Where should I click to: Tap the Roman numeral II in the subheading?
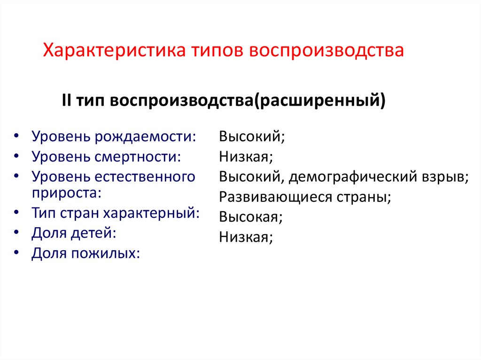click(x=66, y=100)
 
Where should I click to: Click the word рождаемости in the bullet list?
click(x=146, y=137)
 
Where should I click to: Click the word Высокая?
click(x=251, y=217)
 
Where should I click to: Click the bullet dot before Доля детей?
click(x=17, y=233)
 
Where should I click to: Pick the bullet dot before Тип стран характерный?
click(x=17, y=213)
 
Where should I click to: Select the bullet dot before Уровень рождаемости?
click(x=17, y=137)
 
